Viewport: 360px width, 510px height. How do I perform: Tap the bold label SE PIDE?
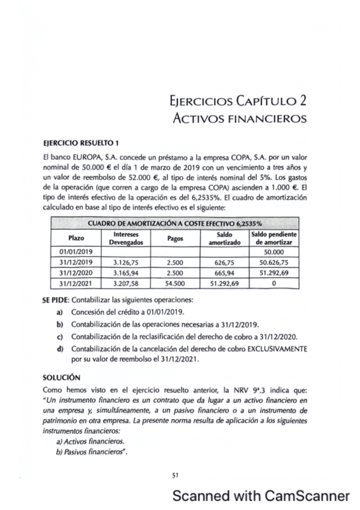[56, 299]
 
